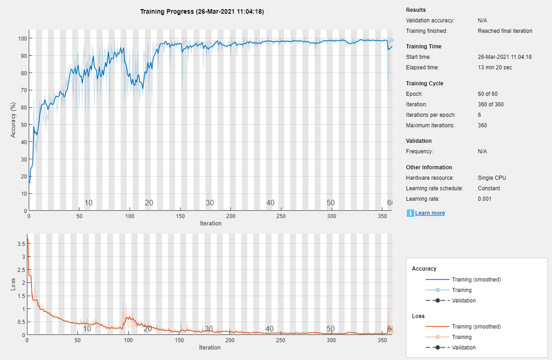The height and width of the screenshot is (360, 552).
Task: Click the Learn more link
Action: coord(430,213)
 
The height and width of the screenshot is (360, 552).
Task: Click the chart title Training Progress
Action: coord(202,12)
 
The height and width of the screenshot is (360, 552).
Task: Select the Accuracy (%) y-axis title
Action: coord(13,120)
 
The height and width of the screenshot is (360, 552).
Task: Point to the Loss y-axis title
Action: coord(13,284)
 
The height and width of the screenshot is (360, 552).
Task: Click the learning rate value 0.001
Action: coord(484,199)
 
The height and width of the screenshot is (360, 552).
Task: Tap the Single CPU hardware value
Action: coord(492,178)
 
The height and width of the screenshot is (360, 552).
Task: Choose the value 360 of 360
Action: coord(491,104)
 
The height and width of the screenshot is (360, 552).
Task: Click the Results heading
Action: coord(416,10)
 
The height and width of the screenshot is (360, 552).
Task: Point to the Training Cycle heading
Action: coord(424,83)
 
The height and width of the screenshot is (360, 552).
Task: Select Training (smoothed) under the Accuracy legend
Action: coord(476,280)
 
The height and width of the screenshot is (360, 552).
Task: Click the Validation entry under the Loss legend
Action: coord(463,348)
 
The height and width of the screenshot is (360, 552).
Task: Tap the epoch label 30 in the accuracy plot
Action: coord(209,203)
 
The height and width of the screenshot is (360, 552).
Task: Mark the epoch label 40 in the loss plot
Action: coord(270,329)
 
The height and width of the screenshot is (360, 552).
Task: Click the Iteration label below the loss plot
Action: coord(210,348)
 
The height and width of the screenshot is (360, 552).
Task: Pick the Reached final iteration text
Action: coord(505,31)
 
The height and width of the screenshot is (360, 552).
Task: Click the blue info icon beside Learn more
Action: coord(410,213)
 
